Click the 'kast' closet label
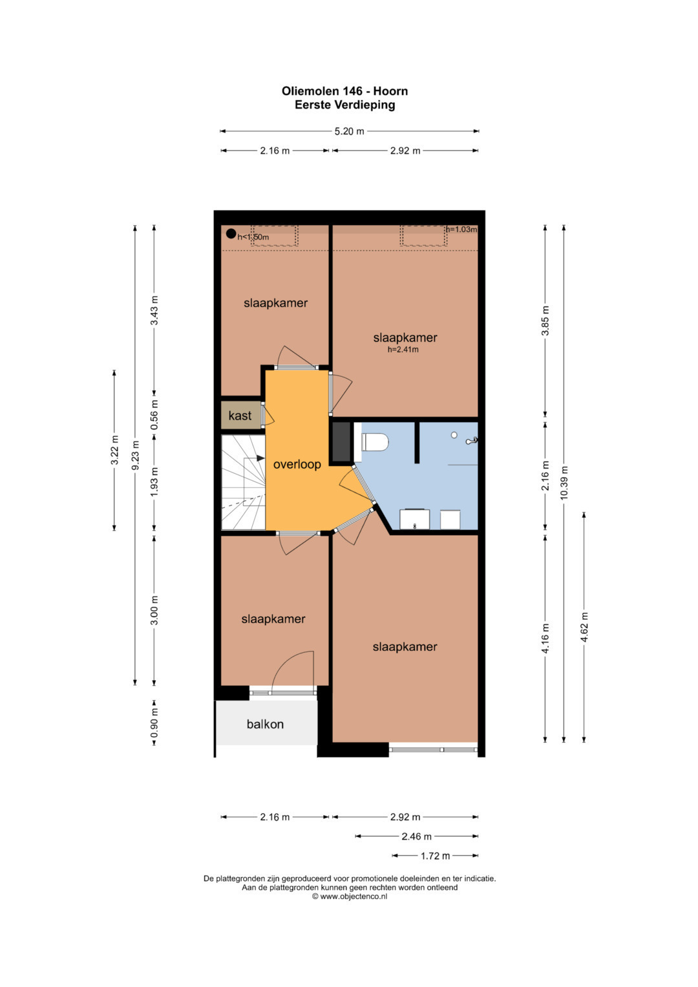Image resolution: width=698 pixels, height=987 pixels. (x=240, y=415)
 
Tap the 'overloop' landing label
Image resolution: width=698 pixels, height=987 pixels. (x=297, y=465)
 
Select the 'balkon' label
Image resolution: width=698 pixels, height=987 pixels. (x=265, y=724)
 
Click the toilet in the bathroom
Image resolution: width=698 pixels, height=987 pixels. (x=374, y=442)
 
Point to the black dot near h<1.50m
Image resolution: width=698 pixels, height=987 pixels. (x=231, y=233)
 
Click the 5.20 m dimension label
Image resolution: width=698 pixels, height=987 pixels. (x=350, y=131)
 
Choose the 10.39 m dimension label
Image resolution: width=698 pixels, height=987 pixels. (x=564, y=483)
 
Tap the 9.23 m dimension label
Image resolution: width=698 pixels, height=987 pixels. (x=135, y=455)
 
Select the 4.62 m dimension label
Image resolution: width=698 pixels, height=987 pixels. (x=584, y=628)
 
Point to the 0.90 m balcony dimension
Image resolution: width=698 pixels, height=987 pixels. (x=154, y=723)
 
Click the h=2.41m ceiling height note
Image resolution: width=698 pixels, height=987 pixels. (x=403, y=350)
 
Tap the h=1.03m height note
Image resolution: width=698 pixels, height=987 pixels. (x=461, y=229)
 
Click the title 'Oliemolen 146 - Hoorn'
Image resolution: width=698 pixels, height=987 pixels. (x=344, y=91)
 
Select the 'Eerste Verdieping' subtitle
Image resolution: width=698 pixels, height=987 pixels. (x=344, y=105)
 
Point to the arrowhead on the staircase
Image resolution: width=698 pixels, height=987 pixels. (x=260, y=458)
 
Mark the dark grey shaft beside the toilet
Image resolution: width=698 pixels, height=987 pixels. (x=341, y=441)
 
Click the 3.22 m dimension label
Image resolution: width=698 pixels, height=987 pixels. (x=115, y=450)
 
